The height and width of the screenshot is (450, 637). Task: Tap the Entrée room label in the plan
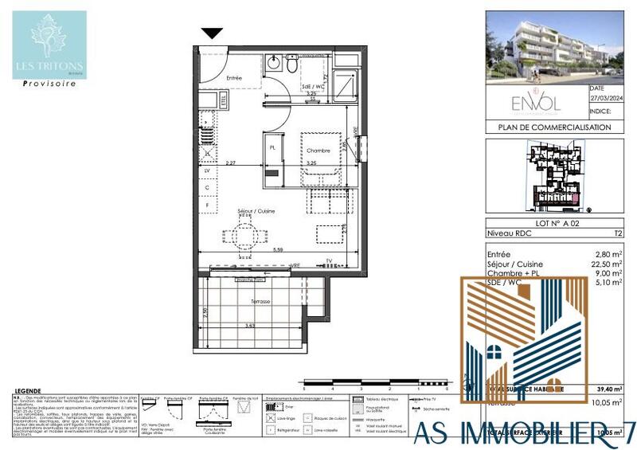tap(233, 78)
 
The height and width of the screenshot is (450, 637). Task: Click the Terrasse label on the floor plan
tap(260, 302)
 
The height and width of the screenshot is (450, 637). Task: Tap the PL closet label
tap(272, 149)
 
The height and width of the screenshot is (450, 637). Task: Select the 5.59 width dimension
tap(276, 250)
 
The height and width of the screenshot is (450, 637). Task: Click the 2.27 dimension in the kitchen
tap(230, 163)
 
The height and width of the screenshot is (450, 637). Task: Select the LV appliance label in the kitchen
tap(208, 170)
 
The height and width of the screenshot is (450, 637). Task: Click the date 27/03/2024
tap(606, 99)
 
